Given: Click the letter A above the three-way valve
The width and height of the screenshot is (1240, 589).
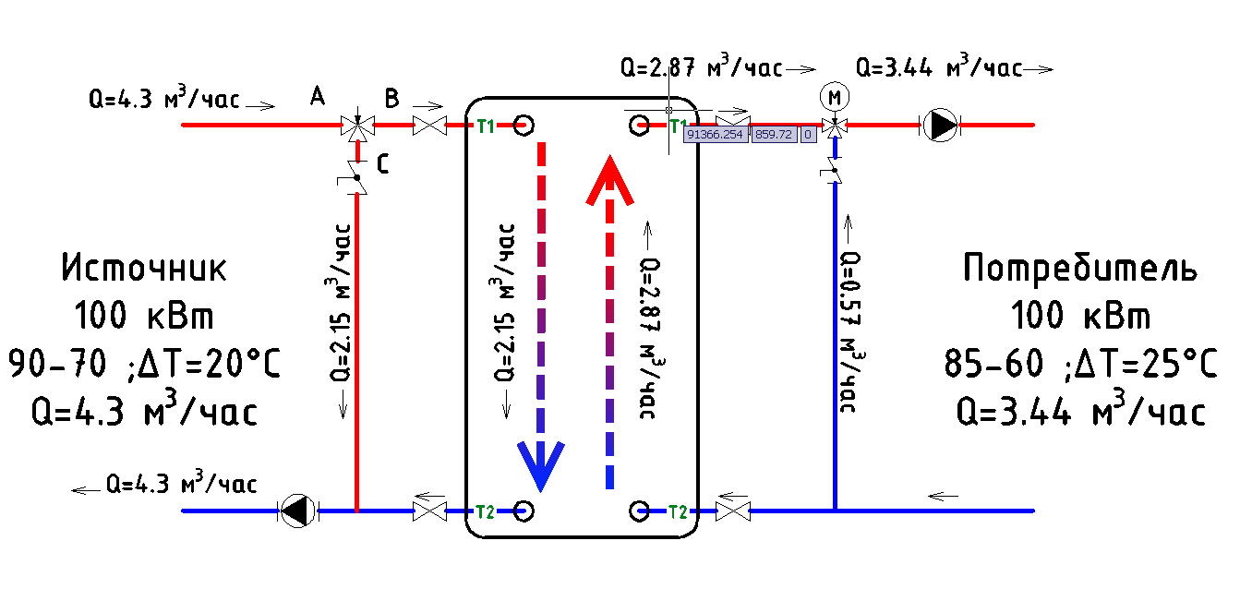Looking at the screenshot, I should (x=319, y=96).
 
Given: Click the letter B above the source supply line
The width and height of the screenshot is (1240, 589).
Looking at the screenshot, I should (x=391, y=97).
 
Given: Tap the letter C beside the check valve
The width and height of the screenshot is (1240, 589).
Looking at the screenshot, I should (x=381, y=164).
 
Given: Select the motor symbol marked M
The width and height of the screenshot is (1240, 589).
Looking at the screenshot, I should (x=834, y=96).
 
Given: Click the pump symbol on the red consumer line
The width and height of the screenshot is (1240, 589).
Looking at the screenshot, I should (x=941, y=125).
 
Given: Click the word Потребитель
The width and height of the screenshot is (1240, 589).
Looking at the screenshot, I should (x=1080, y=269).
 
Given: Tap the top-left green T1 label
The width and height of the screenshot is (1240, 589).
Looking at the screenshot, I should (x=486, y=126).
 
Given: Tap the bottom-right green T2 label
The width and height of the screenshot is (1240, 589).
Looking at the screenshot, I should (x=678, y=511).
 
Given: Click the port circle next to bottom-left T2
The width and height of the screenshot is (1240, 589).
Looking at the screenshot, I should (x=522, y=511).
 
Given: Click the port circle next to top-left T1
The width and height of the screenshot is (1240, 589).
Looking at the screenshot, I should (x=523, y=125).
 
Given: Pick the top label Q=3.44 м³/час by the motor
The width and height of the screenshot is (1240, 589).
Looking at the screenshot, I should (x=939, y=68).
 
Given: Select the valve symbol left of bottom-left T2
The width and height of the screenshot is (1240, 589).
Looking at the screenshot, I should (x=430, y=511).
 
